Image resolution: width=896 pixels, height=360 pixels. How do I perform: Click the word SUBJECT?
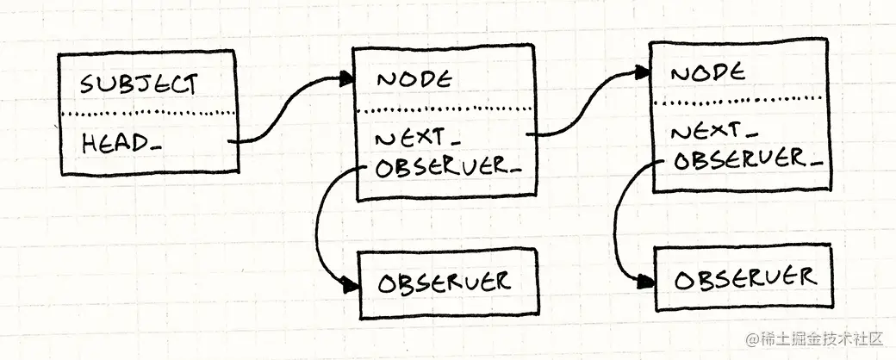coord(139,84)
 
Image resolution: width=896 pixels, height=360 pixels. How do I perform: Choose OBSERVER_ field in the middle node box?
coord(448,166)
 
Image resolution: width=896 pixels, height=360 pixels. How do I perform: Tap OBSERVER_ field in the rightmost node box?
coord(746,159)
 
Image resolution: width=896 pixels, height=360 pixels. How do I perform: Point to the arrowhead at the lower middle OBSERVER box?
coord(351,285)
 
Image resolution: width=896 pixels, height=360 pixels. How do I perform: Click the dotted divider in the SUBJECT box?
coord(146,115)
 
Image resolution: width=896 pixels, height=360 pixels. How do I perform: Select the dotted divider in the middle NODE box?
coord(444,109)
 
